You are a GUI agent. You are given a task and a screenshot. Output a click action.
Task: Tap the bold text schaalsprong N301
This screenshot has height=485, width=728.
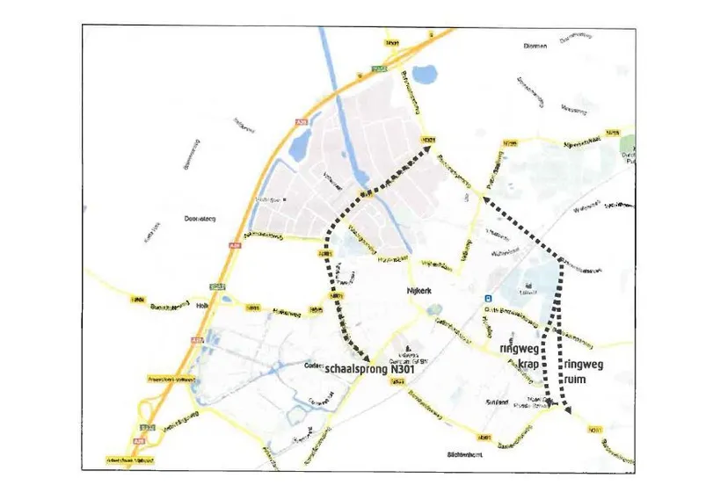point(368,371)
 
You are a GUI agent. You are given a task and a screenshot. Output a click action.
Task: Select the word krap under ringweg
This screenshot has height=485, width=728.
point(528,364)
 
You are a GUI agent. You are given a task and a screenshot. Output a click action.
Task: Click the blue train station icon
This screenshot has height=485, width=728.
point(485,299)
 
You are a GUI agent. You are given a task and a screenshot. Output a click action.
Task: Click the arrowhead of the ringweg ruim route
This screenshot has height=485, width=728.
point(567,409)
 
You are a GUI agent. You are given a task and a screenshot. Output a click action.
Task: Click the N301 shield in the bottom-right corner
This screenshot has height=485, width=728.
point(595,431)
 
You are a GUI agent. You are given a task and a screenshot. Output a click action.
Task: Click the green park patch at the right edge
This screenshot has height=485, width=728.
point(627,146)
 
